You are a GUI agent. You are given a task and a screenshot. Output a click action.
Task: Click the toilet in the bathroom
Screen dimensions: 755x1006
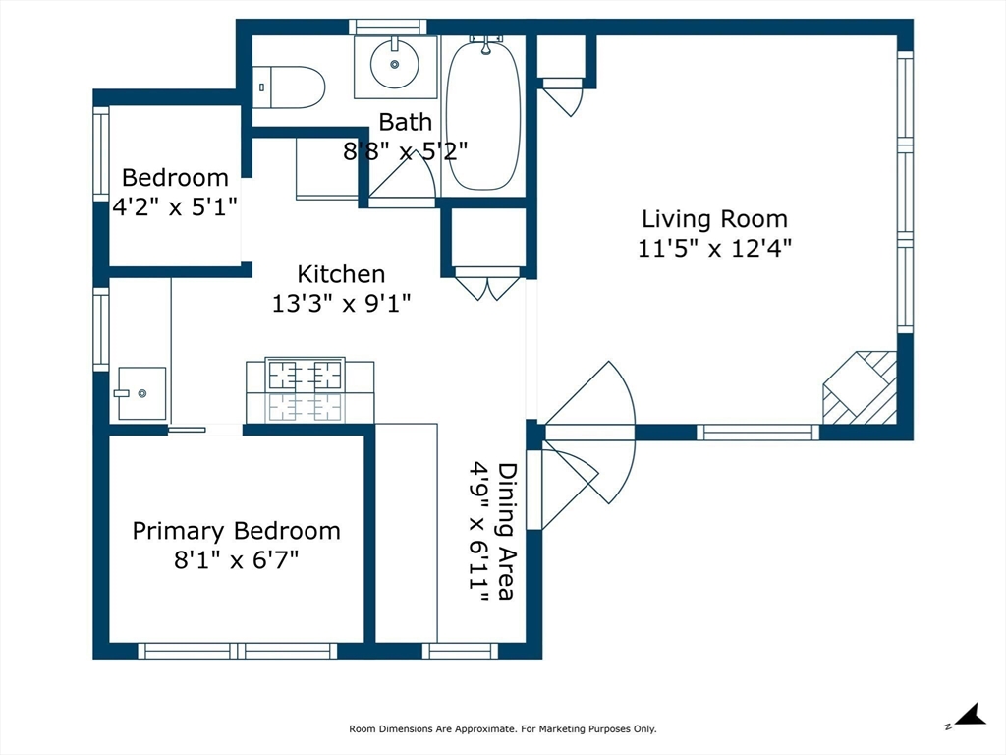coord(290,87)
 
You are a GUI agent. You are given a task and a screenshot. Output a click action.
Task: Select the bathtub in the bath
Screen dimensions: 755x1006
coord(482,113)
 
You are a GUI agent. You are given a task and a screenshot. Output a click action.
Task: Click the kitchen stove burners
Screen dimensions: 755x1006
coord(306,389)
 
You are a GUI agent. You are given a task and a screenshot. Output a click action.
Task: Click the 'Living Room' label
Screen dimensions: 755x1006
coord(714,219)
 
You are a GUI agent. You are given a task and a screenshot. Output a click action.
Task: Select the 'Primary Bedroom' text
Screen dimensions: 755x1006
coord(236,531)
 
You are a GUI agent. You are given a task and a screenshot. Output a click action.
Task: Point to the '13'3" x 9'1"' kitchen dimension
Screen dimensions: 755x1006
coord(341,304)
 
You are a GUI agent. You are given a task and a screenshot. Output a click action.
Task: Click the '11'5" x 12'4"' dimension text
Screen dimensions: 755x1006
coord(714,248)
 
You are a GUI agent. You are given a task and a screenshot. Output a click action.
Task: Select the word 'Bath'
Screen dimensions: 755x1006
coord(405,123)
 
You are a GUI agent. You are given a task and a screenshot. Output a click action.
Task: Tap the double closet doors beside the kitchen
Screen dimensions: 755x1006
coord(487,285)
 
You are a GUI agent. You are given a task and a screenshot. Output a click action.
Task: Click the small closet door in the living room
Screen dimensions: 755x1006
coord(563,99)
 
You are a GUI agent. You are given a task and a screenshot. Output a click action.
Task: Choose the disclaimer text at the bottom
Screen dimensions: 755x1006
coord(502,729)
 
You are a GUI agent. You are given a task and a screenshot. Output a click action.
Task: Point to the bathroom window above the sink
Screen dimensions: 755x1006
coord(389,27)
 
